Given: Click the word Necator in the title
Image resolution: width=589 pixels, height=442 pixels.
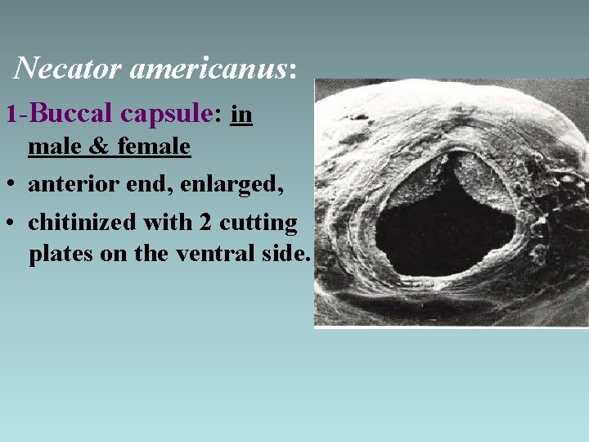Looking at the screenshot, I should coord(69,67).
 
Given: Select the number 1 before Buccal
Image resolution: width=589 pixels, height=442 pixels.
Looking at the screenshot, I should coord(11,115).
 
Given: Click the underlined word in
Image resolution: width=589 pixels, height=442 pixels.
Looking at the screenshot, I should coord(241,115).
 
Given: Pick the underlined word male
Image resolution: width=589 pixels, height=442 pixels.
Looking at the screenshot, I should coord(56,147).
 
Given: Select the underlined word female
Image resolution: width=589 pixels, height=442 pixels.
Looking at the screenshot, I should coord(155,147).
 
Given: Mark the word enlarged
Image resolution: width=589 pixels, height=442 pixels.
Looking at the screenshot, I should coord(236,185).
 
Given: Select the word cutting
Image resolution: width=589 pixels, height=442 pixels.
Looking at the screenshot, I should coord(258,223).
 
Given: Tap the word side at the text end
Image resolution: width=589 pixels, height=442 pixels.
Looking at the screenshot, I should coord(286,255).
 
